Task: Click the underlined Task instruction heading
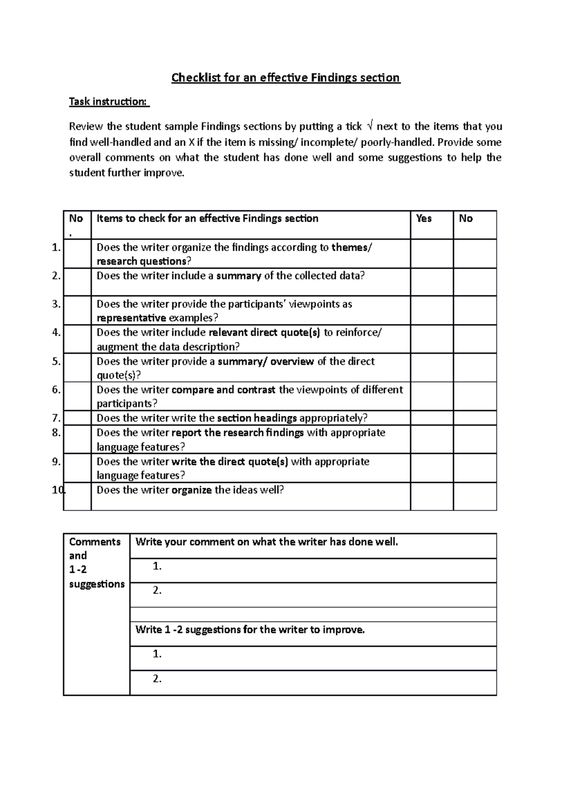(x=109, y=101)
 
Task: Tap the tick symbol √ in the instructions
(x=371, y=127)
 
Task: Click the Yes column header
(x=423, y=218)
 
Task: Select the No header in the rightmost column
(x=465, y=218)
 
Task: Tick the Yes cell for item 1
(x=432, y=254)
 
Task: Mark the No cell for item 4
(x=475, y=339)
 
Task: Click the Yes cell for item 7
(x=432, y=418)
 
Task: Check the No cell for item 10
(x=475, y=496)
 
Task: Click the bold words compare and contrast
(x=223, y=390)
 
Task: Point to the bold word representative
(x=131, y=318)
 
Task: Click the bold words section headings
(x=257, y=418)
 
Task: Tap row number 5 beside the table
(x=57, y=361)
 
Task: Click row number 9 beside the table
(x=57, y=461)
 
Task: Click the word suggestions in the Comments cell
(x=97, y=584)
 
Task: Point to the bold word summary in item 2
(x=238, y=276)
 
